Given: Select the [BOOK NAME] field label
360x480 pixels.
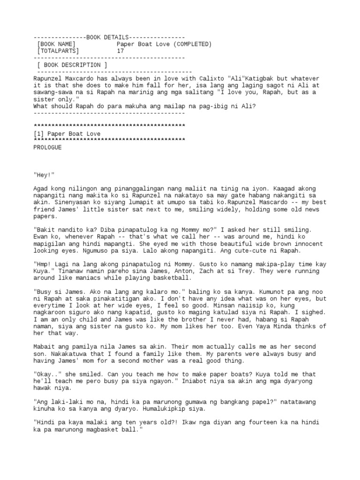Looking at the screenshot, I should point(56,44).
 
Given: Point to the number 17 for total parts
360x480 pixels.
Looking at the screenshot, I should point(120,51).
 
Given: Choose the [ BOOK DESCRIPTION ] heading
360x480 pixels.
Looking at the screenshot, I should point(72,65).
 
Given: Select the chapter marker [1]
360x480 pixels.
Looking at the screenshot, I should point(39,134).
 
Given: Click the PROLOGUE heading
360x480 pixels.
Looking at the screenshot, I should point(48,147).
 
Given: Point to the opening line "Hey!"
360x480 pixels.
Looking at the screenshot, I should point(44,175).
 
